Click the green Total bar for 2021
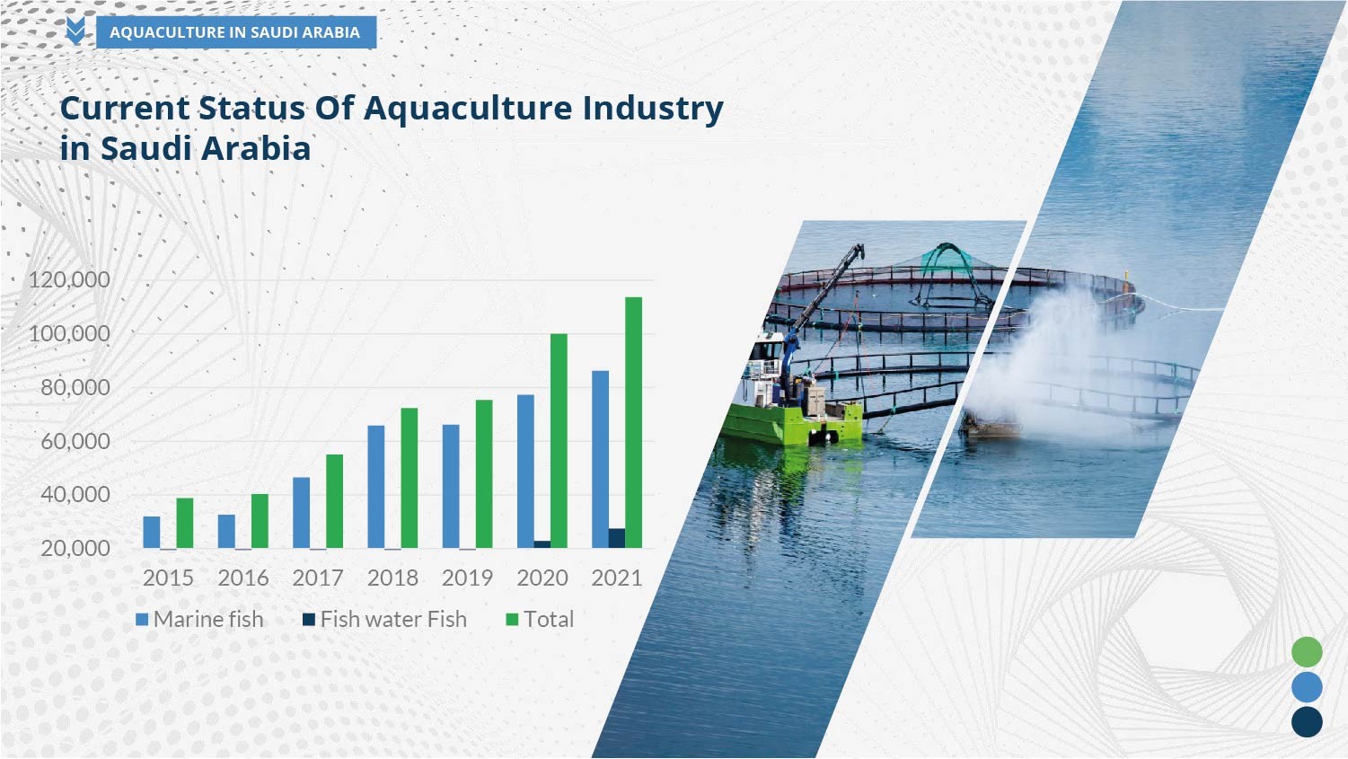tap(634, 422)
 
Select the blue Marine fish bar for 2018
tap(376, 487)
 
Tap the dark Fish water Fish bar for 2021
tap(617, 539)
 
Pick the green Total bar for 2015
tap(185, 523)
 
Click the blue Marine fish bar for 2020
tap(525, 472)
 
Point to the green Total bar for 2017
tap(335, 501)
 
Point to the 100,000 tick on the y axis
tap(70, 333)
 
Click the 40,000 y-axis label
tap(75, 495)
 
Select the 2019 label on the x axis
tap(468, 578)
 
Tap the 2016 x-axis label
tap(243, 578)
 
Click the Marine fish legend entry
tap(199, 620)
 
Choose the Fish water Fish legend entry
tap(384, 620)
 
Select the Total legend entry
tap(540, 620)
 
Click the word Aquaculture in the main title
tap(468, 110)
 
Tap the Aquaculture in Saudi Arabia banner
tap(236, 32)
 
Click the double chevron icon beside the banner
tap(75, 31)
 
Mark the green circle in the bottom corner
tap(1307, 652)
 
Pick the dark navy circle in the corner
tap(1307, 721)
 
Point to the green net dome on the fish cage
tap(947, 260)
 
